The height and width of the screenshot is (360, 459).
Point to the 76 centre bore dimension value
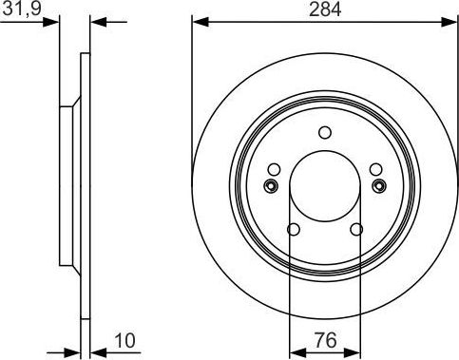click(x=324, y=339)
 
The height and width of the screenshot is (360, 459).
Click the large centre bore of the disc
click(x=324, y=184)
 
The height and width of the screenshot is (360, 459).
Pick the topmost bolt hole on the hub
click(x=324, y=132)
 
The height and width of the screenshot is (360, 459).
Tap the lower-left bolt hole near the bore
click(x=293, y=229)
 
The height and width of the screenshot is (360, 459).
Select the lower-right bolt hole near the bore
click(x=356, y=229)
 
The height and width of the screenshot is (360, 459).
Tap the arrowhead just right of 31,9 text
click(x=54, y=21)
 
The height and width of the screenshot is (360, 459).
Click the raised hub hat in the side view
click(x=68, y=184)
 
